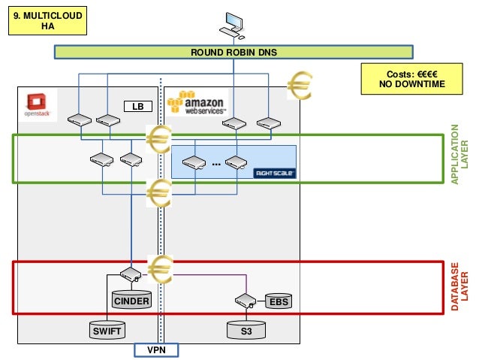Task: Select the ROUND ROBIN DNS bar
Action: pos(234,52)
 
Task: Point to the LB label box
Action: pos(137,107)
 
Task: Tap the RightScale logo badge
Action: pos(275,172)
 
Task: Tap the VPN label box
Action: pos(156,350)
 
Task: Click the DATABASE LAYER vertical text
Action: pos(459,286)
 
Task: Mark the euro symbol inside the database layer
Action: pos(161,267)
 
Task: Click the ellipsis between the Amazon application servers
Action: pos(216,162)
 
